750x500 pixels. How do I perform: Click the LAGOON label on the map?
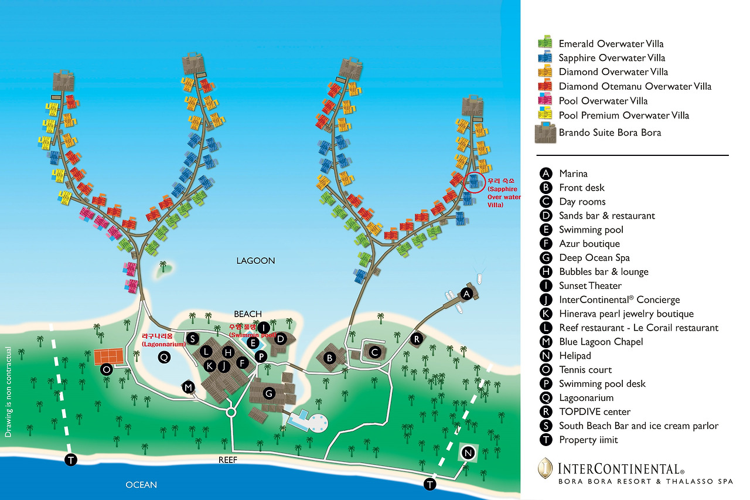256,261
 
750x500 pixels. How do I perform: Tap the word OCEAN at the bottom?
141,485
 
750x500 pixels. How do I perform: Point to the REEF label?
228,460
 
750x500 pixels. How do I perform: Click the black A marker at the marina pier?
467,293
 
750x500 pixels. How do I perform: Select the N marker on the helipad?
468,453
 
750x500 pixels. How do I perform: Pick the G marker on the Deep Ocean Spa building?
268,394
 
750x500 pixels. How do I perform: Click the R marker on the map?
417,338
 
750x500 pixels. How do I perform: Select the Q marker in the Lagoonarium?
165,356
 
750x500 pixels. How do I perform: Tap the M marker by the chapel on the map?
188,387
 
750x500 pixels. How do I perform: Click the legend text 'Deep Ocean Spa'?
594,258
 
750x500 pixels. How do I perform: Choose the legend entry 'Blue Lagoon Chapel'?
601,342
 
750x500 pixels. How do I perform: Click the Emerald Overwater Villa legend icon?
546,42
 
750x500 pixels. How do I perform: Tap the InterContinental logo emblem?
546,469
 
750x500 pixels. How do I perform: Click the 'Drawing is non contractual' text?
8,392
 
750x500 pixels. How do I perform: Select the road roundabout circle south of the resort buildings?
231,413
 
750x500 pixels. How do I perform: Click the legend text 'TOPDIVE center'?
595,411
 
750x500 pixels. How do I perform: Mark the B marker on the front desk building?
330,357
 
